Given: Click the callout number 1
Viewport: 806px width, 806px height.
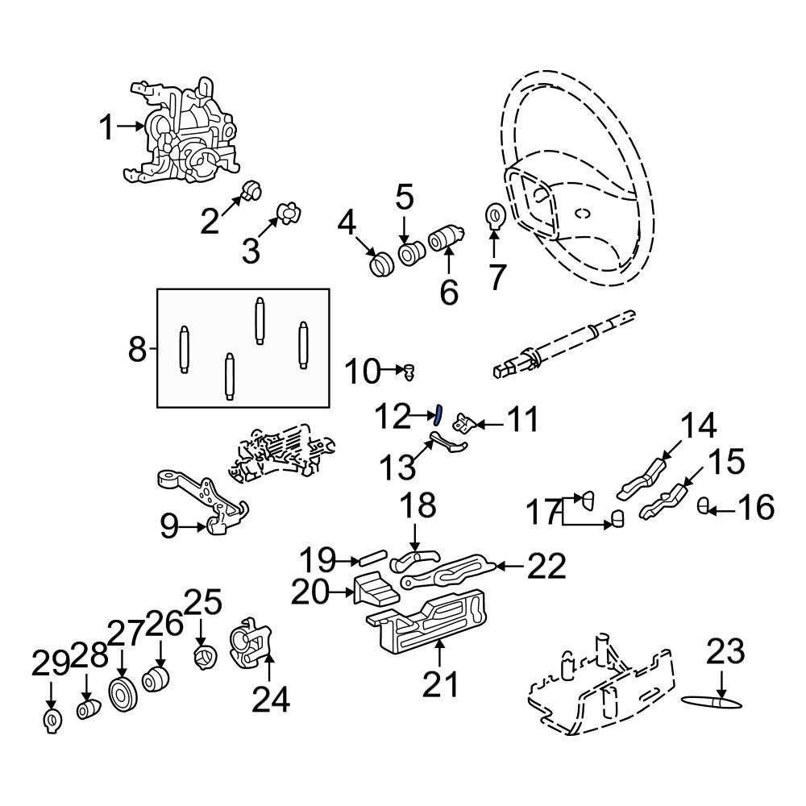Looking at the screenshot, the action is click(106, 127).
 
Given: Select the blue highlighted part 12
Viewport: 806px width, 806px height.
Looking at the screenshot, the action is click(437, 415).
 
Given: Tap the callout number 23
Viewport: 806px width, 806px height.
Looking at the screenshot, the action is click(725, 651).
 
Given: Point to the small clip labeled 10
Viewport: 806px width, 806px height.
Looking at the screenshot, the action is click(409, 372).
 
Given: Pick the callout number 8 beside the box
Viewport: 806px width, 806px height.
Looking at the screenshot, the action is click(137, 350).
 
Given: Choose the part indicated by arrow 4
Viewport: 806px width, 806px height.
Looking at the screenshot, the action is click(381, 264).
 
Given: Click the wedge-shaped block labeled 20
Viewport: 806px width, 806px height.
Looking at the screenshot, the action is click(376, 590).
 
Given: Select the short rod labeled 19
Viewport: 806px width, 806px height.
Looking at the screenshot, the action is click(373, 558).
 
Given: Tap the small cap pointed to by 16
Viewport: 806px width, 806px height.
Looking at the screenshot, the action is click(703, 506).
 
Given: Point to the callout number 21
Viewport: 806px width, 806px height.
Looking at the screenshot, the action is click(440, 685).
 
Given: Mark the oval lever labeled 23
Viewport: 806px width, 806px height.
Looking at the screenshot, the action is click(712, 703).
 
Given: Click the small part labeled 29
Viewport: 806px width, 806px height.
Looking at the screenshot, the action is click(52, 721).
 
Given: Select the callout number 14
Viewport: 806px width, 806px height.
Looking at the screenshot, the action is click(698, 426).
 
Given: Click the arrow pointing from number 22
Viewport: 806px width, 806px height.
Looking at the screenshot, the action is click(510, 567).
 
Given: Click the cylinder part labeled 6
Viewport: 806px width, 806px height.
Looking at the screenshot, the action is click(447, 239).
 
